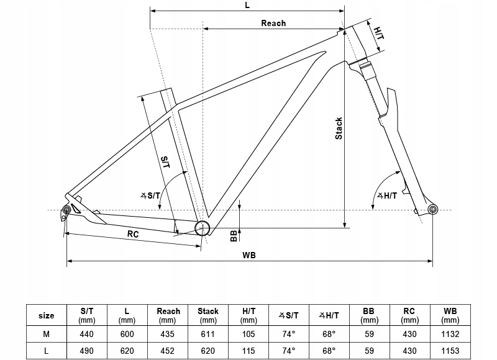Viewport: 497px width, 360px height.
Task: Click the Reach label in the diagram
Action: coord(273,23)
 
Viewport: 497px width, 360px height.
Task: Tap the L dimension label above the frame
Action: coord(247,5)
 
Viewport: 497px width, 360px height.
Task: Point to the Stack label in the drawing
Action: coord(339,128)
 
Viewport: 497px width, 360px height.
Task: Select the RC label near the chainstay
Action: coord(132,234)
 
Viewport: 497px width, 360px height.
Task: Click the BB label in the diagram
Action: coord(234,235)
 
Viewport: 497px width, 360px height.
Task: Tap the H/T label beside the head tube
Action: coord(379,31)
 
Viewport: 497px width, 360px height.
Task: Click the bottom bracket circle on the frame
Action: coord(202,228)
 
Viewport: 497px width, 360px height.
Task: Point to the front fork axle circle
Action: coord(432,209)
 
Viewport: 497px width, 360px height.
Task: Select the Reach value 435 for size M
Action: coord(168,334)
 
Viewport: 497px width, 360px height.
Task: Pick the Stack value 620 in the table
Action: coord(208,351)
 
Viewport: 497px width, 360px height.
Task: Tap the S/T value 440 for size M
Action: coord(88,334)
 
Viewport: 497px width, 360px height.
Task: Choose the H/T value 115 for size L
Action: coord(248,351)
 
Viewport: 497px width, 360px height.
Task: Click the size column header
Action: coord(47,315)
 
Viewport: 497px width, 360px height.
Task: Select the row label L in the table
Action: coord(47,351)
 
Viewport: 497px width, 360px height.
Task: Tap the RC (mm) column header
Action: coord(409,315)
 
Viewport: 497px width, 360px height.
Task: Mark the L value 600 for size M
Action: coord(127,334)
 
